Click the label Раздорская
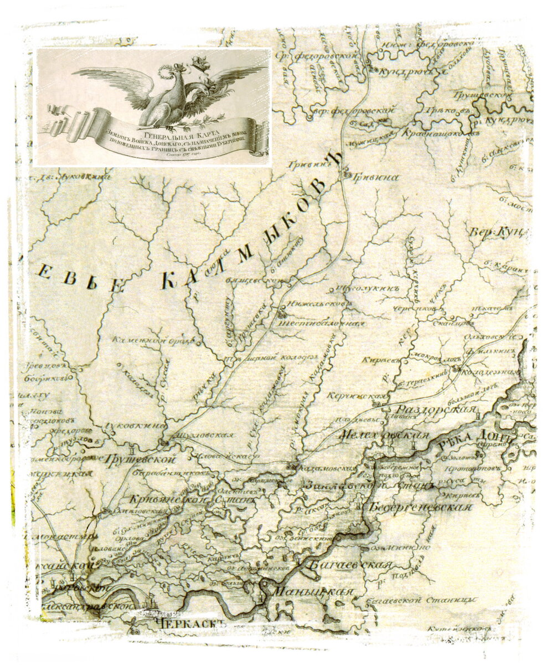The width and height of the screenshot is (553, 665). tap(434, 410)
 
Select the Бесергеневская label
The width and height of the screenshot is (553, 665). tap(420, 507)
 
